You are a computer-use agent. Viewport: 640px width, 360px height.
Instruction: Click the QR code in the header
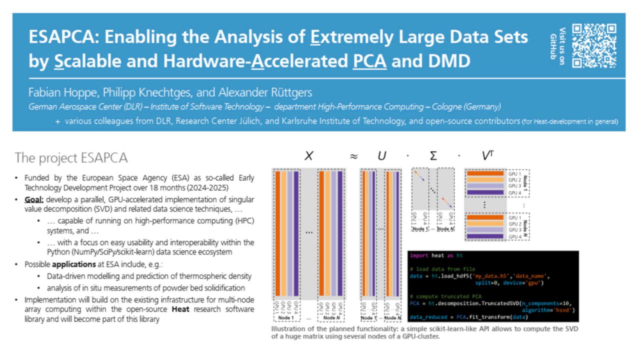pyautogui.click(x=594, y=46)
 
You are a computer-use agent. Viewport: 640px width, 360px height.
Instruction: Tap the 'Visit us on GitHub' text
pyautogui.click(x=558, y=46)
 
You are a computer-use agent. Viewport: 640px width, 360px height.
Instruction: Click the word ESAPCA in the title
pyautogui.click(x=63, y=37)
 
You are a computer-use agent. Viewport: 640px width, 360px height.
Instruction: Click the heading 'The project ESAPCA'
pyautogui.click(x=71, y=158)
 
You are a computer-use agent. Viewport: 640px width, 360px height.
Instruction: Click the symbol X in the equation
pyautogui.click(x=308, y=156)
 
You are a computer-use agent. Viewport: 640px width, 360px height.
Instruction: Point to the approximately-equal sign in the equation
pyautogui.click(x=353, y=156)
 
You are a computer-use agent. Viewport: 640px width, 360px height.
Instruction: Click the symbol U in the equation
pyautogui.click(x=382, y=156)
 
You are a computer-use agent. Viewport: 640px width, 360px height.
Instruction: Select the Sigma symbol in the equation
pyautogui.click(x=433, y=156)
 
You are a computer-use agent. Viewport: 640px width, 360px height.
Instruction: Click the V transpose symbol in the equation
pyautogui.click(x=487, y=156)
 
